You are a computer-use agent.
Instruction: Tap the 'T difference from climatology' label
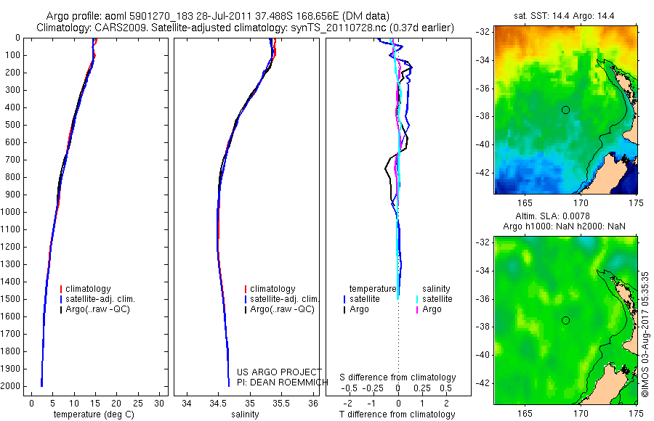coord(397,414)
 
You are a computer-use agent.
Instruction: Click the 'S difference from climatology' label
coord(397,377)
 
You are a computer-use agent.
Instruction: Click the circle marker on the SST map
coord(565,110)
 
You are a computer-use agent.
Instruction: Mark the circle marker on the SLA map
coord(565,320)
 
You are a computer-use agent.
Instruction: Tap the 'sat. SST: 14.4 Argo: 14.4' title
coord(565,15)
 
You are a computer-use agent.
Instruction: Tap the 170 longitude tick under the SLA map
coord(581,412)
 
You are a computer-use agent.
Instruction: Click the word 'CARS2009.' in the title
coord(118,28)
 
